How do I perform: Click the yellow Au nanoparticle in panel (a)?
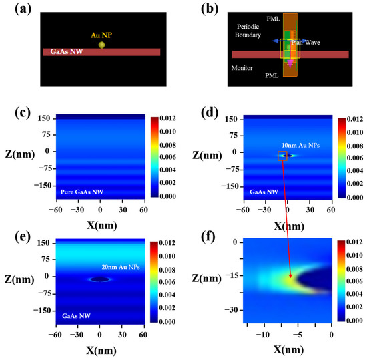(102, 45)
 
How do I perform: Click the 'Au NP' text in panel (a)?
(101, 33)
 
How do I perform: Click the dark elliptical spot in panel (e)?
(100, 279)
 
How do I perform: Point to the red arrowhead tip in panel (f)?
(291, 277)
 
